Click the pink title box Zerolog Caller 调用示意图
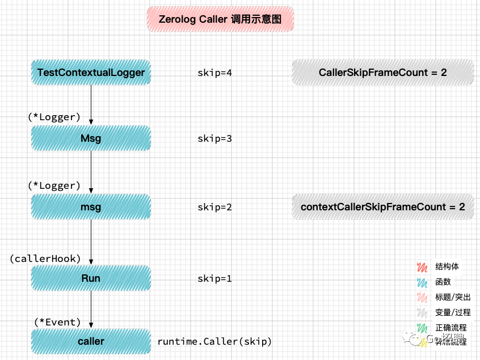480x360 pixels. [220, 19]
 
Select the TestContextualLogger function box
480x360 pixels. [91, 73]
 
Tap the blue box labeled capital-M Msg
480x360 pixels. [91, 138]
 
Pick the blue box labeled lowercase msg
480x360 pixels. [91, 207]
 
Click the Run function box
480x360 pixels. [91, 278]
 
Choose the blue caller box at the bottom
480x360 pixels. [91, 341]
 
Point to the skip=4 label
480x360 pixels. [214, 73]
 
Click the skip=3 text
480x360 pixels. [214, 138]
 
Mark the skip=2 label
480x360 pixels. [214, 207]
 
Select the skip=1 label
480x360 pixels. [214, 278]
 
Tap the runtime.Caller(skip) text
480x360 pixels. [214, 341]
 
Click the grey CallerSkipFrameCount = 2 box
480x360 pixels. [383, 73]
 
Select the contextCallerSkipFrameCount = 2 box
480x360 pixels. [383, 207]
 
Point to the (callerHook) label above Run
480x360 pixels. [45, 259]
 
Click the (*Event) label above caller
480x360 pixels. [57, 322]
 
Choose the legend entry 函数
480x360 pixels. [443, 282]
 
